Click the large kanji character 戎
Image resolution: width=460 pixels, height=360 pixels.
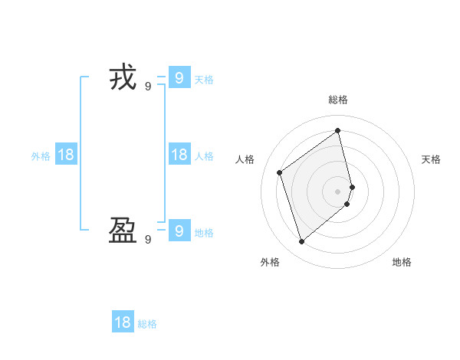[x=123, y=78]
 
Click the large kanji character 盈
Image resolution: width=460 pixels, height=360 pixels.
[x=123, y=231]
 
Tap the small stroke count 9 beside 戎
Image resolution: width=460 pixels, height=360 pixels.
[x=148, y=87]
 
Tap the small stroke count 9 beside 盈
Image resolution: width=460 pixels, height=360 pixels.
[x=148, y=240]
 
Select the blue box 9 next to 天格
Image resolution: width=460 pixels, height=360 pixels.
[x=179, y=78]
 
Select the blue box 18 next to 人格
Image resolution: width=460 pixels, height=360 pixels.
[x=179, y=155]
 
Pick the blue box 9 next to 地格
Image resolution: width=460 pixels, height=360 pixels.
[x=179, y=231]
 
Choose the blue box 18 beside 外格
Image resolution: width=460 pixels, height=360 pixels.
[x=66, y=155]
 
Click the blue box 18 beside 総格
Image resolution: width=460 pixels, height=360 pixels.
[x=123, y=322]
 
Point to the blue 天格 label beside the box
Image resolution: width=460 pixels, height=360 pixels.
[x=204, y=80]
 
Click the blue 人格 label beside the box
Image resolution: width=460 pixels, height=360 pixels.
[x=204, y=156]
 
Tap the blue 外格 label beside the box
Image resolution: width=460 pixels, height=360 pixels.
[x=41, y=156]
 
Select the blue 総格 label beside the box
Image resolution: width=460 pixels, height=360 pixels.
[x=147, y=324]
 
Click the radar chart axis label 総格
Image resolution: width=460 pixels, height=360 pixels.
[x=338, y=100]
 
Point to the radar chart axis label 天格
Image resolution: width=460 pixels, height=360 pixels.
[x=432, y=159]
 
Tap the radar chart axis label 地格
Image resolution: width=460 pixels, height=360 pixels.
[x=402, y=262]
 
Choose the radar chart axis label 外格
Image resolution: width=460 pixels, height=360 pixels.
[x=270, y=262]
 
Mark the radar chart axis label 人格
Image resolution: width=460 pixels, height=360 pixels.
[x=245, y=159]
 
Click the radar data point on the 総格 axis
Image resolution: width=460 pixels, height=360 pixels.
[x=338, y=130]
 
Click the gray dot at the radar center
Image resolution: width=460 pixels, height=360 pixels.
[x=338, y=191]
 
